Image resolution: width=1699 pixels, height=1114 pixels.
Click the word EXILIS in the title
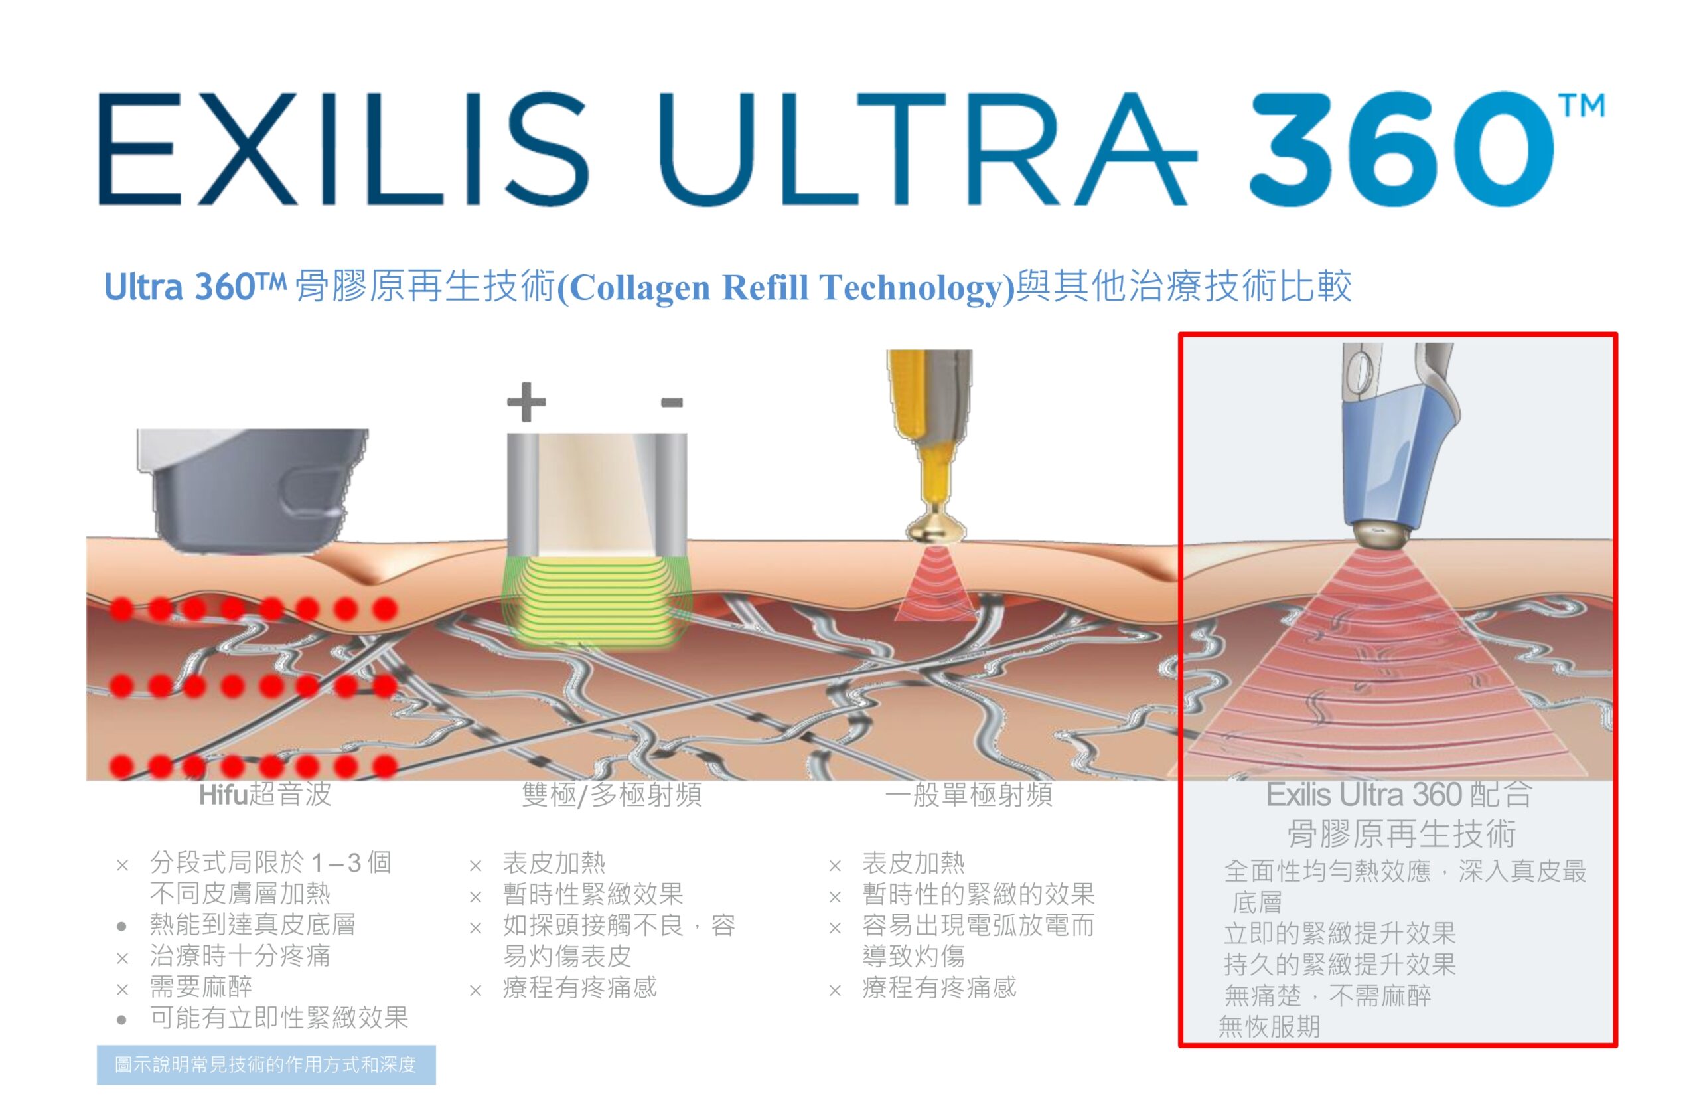(343, 149)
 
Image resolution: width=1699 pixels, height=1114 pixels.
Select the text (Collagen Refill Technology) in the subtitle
(785, 287)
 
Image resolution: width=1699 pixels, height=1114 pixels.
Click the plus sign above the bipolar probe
(526, 402)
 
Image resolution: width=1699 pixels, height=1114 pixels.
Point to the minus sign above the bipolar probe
(672, 403)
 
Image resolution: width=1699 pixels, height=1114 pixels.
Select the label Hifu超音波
(265, 795)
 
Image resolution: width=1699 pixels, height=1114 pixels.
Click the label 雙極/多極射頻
(612, 795)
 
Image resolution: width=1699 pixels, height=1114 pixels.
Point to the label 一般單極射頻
(968, 795)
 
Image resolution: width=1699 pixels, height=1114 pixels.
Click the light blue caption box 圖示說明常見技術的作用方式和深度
(266, 1065)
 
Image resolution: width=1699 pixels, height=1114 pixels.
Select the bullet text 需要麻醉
(200, 987)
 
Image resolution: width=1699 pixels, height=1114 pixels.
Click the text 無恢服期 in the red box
(1269, 1027)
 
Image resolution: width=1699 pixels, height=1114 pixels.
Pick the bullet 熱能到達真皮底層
(252, 925)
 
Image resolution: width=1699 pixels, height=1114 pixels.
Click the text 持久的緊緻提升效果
(1339, 964)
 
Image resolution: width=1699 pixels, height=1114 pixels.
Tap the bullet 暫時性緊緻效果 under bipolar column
(593, 894)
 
